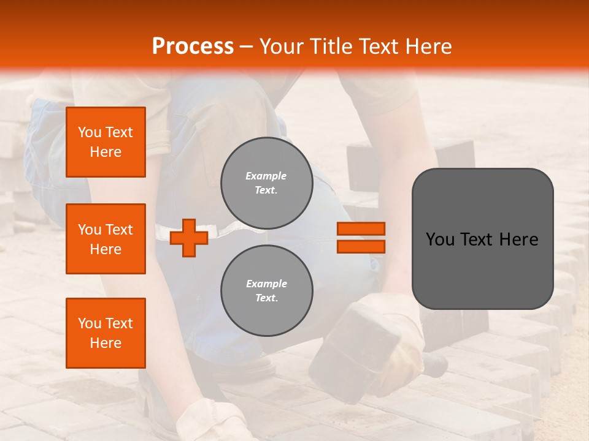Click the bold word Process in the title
pos(193,46)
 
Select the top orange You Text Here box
pos(106,142)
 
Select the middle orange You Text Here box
pos(106,239)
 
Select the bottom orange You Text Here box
pos(106,333)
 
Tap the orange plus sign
pos(189,238)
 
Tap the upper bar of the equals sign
pos(361,228)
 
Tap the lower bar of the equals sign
pos(361,247)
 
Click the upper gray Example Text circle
pos(266,183)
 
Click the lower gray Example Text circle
pos(266,291)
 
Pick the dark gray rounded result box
pos(482,239)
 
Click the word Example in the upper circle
pos(266,176)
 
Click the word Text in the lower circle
pos(266,298)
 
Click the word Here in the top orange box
pos(106,152)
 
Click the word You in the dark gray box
pos(440,239)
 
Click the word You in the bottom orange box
pos(90,323)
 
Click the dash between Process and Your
pos(247,47)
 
